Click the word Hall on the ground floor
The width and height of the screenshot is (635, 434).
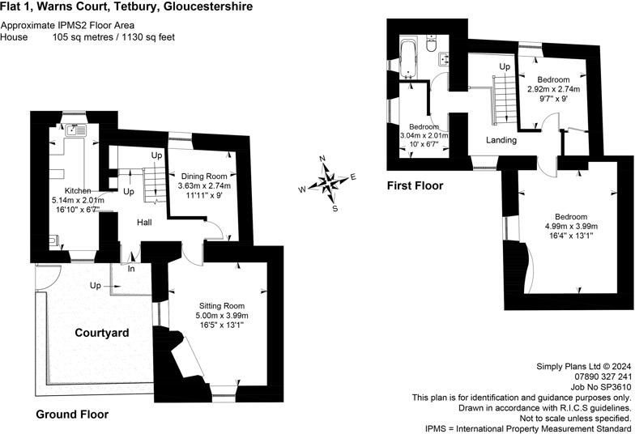(x=145, y=222)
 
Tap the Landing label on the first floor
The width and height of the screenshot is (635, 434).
(x=501, y=140)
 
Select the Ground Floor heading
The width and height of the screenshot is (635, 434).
(x=72, y=415)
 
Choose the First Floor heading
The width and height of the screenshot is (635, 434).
(x=416, y=185)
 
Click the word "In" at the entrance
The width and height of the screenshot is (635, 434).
(x=130, y=268)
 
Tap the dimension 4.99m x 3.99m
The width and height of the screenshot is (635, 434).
(x=571, y=226)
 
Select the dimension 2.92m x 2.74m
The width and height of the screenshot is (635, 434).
(x=553, y=89)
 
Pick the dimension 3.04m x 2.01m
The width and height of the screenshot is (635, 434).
(x=424, y=135)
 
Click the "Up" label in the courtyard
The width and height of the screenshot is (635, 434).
(x=95, y=286)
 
